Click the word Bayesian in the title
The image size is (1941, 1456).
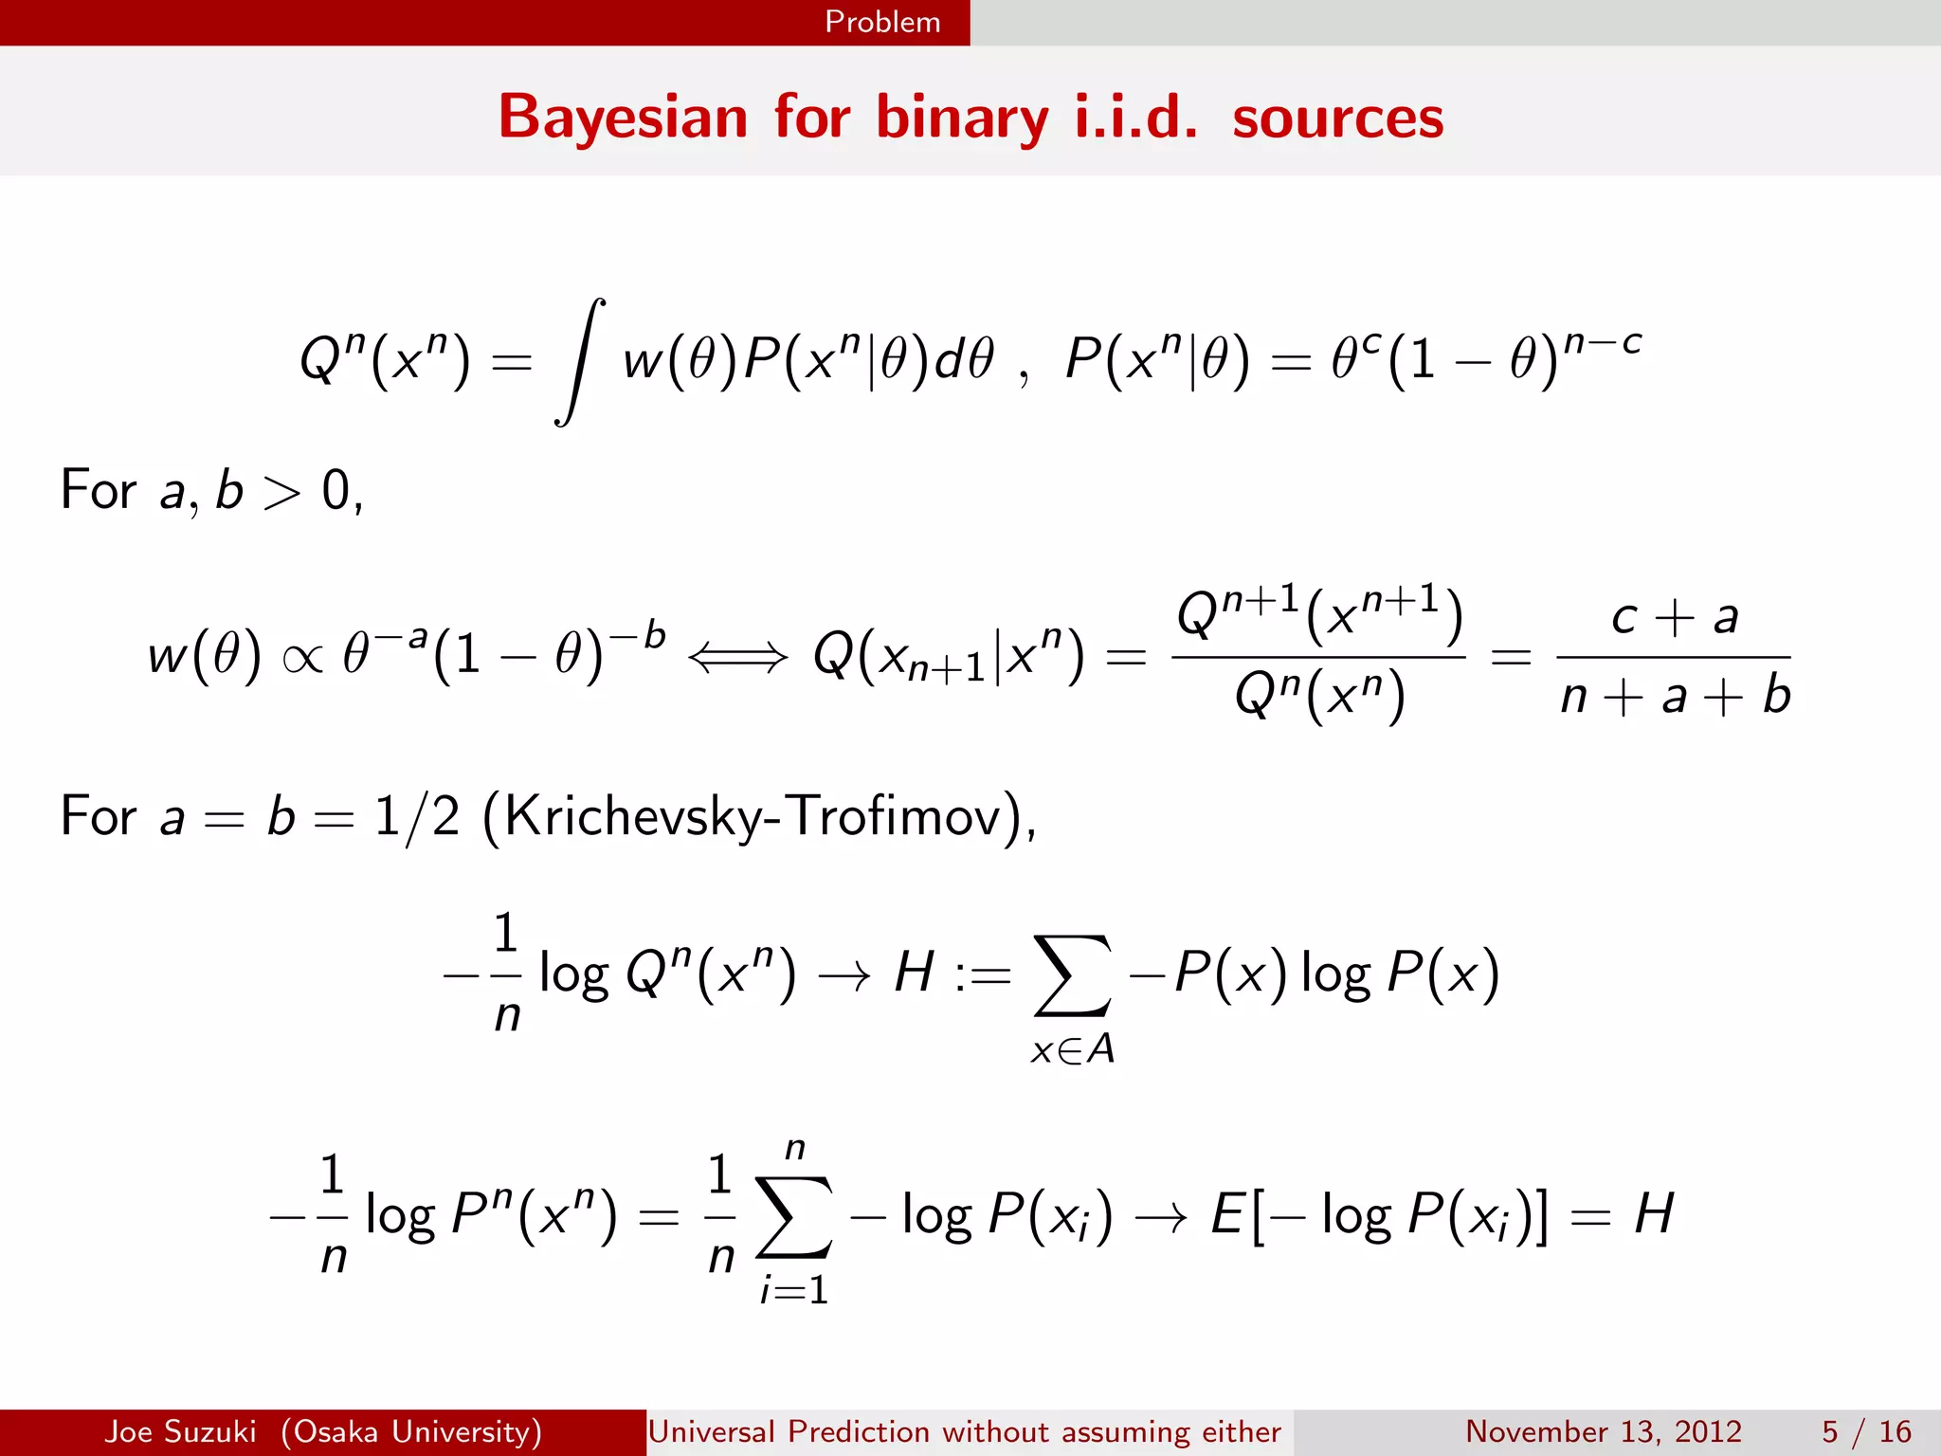(623, 118)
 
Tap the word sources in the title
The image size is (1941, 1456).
(1337, 118)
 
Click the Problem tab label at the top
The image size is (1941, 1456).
(882, 22)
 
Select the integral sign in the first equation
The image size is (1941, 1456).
(579, 362)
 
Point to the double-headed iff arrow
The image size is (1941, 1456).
(737, 656)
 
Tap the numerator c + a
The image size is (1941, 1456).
(1675, 617)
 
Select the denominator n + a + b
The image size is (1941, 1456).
(1675, 695)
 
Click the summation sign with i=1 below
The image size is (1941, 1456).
(794, 1217)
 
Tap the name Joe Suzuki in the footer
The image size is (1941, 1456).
(180, 1431)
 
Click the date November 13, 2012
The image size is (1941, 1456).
(1604, 1431)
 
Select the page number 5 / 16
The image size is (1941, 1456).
(1866, 1431)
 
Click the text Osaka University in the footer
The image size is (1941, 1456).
(411, 1431)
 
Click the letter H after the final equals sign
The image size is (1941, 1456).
(1654, 1213)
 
